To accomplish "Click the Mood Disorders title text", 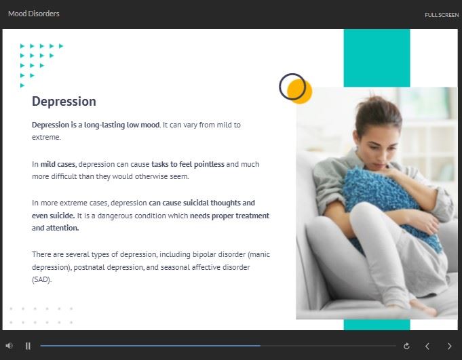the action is click(x=34, y=14).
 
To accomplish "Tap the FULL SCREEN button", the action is click(x=442, y=15).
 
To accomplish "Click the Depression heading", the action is click(x=64, y=102).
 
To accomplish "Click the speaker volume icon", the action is click(x=9, y=346).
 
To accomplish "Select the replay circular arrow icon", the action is click(x=406, y=346).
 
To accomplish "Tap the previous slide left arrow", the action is click(x=427, y=346).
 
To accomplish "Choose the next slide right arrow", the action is click(x=449, y=346).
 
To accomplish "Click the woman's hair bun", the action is click(x=374, y=104).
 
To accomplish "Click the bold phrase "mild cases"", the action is click(x=58, y=164).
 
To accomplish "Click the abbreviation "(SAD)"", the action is click(x=41, y=279).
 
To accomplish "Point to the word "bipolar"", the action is click(x=204, y=255).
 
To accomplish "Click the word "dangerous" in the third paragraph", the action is click(x=115, y=216).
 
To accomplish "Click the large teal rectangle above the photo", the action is click(x=377, y=58).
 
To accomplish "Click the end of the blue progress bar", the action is click(x=260, y=346).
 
